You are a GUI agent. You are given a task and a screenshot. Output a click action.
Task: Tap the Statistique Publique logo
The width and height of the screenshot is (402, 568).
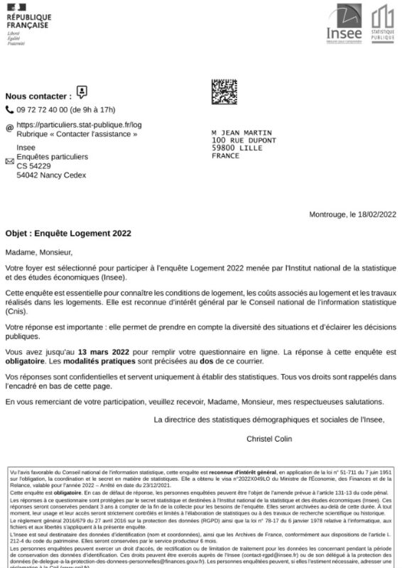pos(382,23)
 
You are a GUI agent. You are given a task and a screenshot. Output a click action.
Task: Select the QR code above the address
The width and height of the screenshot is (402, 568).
pos(224,92)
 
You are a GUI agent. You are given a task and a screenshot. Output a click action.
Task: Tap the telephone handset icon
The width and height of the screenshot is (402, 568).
pos(9,110)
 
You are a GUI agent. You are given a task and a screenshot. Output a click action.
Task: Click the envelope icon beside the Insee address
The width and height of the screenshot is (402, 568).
pos(9,161)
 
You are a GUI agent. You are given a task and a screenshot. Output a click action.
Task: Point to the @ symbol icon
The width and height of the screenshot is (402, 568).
pos(9,129)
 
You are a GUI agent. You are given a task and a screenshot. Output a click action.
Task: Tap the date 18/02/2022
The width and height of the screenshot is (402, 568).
pos(375,215)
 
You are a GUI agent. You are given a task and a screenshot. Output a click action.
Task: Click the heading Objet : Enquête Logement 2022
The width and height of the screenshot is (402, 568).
pos(68,233)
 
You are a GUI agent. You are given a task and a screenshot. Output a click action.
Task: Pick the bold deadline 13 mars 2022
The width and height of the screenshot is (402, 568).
pos(104,351)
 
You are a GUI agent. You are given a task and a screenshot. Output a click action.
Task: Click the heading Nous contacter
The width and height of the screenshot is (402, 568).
pos(38,96)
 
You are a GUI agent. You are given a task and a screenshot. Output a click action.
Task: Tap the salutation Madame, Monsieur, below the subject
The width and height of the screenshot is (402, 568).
pos(38,251)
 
